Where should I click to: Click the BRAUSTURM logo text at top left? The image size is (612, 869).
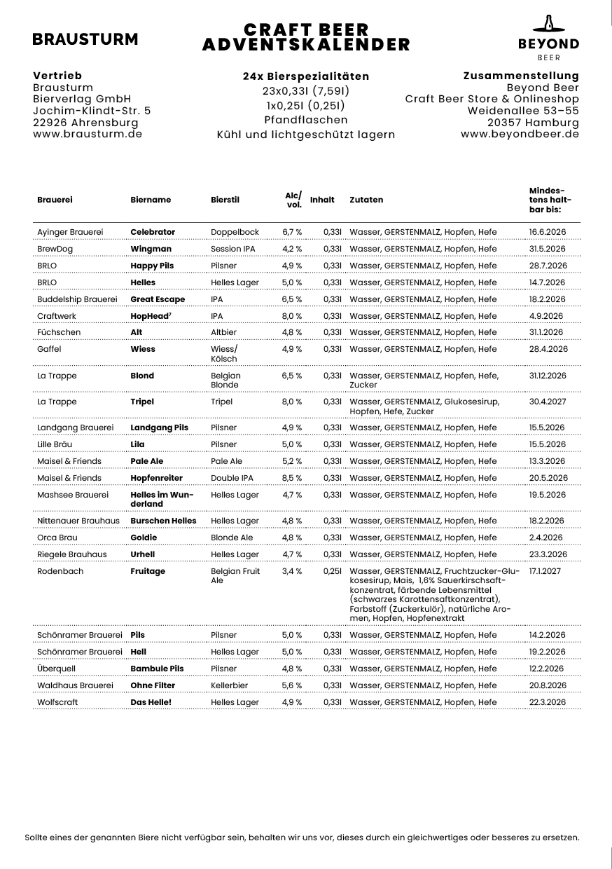pyautogui.click(x=85, y=40)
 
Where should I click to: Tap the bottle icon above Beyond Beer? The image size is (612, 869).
pyautogui.click(x=548, y=24)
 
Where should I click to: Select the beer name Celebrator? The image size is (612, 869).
pyautogui.click(x=153, y=232)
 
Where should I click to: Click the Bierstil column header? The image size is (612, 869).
pyautogui.click(x=225, y=200)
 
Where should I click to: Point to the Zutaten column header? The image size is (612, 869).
pyautogui.click(x=366, y=200)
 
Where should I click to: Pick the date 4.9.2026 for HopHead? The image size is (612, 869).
pyautogui.click(x=546, y=316)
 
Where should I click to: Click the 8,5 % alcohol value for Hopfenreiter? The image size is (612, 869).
pyautogui.click(x=292, y=478)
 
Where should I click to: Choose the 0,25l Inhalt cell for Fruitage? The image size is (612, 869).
pyautogui.click(x=332, y=571)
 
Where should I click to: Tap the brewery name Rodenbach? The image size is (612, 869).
pyautogui.click(x=60, y=571)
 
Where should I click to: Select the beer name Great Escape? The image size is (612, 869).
pyautogui.click(x=158, y=299)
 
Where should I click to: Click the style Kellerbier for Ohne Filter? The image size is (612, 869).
pyautogui.click(x=230, y=685)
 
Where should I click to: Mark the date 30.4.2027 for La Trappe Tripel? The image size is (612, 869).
pyautogui.click(x=548, y=402)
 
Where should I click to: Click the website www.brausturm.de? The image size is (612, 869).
pyautogui.click(x=88, y=134)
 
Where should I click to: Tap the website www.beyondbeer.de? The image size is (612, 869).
pyautogui.click(x=520, y=134)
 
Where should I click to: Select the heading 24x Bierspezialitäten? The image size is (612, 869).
pyautogui.click(x=306, y=76)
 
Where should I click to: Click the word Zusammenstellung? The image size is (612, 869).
pyautogui.click(x=521, y=76)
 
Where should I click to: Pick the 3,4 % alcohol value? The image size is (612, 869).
pyautogui.click(x=292, y=571)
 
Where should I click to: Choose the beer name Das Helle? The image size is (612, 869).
pyautogui.click(x=151, y=702)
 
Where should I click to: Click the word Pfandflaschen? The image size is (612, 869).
pyautogui.click(x=306, y=120)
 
